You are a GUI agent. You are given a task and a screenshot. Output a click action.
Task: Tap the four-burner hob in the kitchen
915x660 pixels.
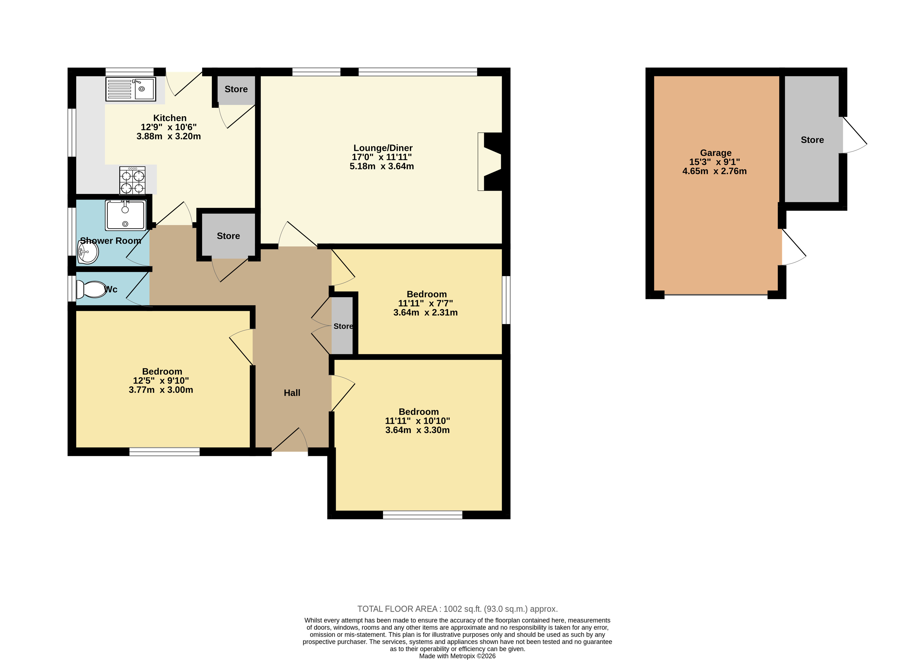[x=132, y=180]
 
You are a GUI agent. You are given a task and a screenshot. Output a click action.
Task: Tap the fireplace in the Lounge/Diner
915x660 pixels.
[x=490, y=161]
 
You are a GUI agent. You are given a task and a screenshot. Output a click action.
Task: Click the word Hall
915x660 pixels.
[x=292, y=393]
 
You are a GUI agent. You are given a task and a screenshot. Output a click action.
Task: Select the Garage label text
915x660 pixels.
[x=716, y=153]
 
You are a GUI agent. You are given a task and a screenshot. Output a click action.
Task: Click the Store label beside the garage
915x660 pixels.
[x=812, y=140]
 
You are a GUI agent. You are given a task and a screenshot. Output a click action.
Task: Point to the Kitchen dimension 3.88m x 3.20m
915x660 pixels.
[x=169, y=136]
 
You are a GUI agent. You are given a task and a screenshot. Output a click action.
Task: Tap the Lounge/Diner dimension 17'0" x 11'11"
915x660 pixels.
[x=382, y=157]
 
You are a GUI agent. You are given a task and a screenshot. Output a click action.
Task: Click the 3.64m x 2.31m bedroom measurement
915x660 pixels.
[x=426, y=312]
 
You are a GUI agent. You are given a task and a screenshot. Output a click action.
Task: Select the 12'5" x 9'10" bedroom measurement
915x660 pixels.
[x=161, y=380]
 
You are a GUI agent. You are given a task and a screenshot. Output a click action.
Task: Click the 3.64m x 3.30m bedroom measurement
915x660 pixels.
[x=417, y=430]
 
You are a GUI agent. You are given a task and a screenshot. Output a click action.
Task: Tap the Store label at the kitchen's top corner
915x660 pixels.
[x=236, y=89]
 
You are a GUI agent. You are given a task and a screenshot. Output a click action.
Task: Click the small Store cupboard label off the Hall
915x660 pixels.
[x=343, y=326]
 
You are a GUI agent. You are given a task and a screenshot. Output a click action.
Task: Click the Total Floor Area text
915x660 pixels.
[x=458, y=609]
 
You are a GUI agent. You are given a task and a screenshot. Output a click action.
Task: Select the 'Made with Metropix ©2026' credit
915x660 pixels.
[x=458, y=656]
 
